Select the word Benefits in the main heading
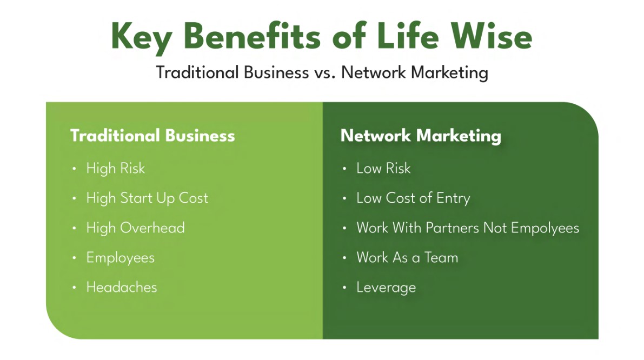(x=252, y=36)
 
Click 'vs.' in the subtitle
(x=325, y=72)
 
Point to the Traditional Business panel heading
(x=152, y=136)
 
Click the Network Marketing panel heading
(x=421, y=136)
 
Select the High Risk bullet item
(x=115, y=168)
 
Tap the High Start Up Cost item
(x=147, y=198)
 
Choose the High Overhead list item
(x=136, y=228)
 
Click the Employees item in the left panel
(x=121, y=258)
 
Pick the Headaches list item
(x=122, y=288)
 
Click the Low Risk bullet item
(x=383, y=168)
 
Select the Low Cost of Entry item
(x=413, y=198)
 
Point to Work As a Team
(x=407, y=257)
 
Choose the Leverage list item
(x=386, y=288)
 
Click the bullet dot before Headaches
(x=74, y=288)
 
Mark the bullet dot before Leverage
(x=344, y=288)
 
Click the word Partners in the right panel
(x=452, y=228)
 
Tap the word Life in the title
(x=407, y=36)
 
